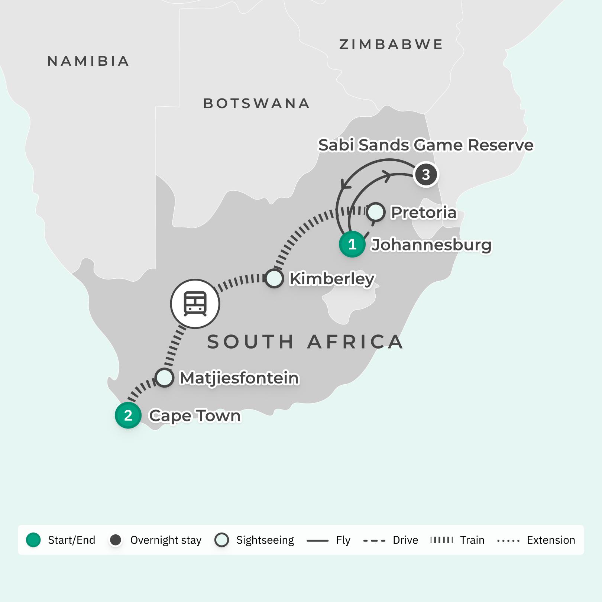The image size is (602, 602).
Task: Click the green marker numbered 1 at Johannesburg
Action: coord(352,244)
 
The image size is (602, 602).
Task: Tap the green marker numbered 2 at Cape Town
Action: coord(128,415)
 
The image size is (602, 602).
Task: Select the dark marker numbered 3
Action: coord(426,174)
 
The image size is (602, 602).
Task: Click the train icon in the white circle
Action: coord(195,304)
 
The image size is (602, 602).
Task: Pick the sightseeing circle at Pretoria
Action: coord(375,212)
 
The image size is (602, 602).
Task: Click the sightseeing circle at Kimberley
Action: coord(274,278)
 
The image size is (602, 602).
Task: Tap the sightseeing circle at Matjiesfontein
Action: coord(164,378)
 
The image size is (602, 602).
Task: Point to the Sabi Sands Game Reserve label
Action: coord(426,145)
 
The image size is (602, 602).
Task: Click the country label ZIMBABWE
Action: coord(391,45)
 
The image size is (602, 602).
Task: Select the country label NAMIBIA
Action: coord(88,61)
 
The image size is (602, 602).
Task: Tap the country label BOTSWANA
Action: coord(256,104)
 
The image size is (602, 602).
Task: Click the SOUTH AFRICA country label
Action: coord(305,342)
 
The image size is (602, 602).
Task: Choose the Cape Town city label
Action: coord(195,415)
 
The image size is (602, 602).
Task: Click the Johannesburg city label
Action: coord(431,245)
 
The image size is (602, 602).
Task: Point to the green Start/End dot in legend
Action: coord(33,540)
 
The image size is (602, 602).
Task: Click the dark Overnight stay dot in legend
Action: coord(116,540)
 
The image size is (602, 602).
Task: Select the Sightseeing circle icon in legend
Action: coord(222,540)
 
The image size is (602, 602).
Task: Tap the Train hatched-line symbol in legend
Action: coord(441,540)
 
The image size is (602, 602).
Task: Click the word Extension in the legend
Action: coord(551,540)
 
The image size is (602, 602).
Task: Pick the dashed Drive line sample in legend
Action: coord(374,540)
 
